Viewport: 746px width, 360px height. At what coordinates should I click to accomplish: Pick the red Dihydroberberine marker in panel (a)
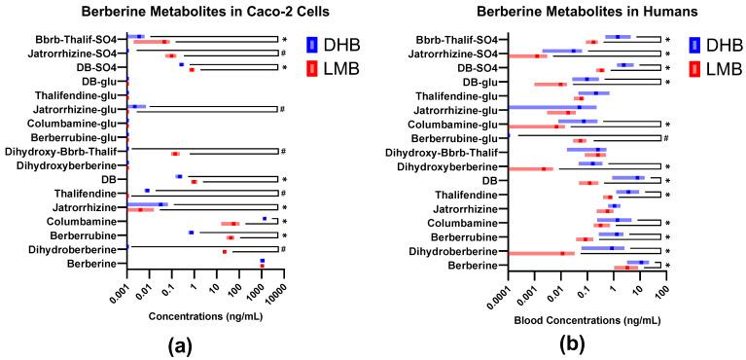[225, 252]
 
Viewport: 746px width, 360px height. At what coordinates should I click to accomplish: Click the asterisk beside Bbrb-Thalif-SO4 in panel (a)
[283, 39]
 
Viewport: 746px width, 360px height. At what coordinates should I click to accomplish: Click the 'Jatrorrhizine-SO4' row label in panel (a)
[77, 53]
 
